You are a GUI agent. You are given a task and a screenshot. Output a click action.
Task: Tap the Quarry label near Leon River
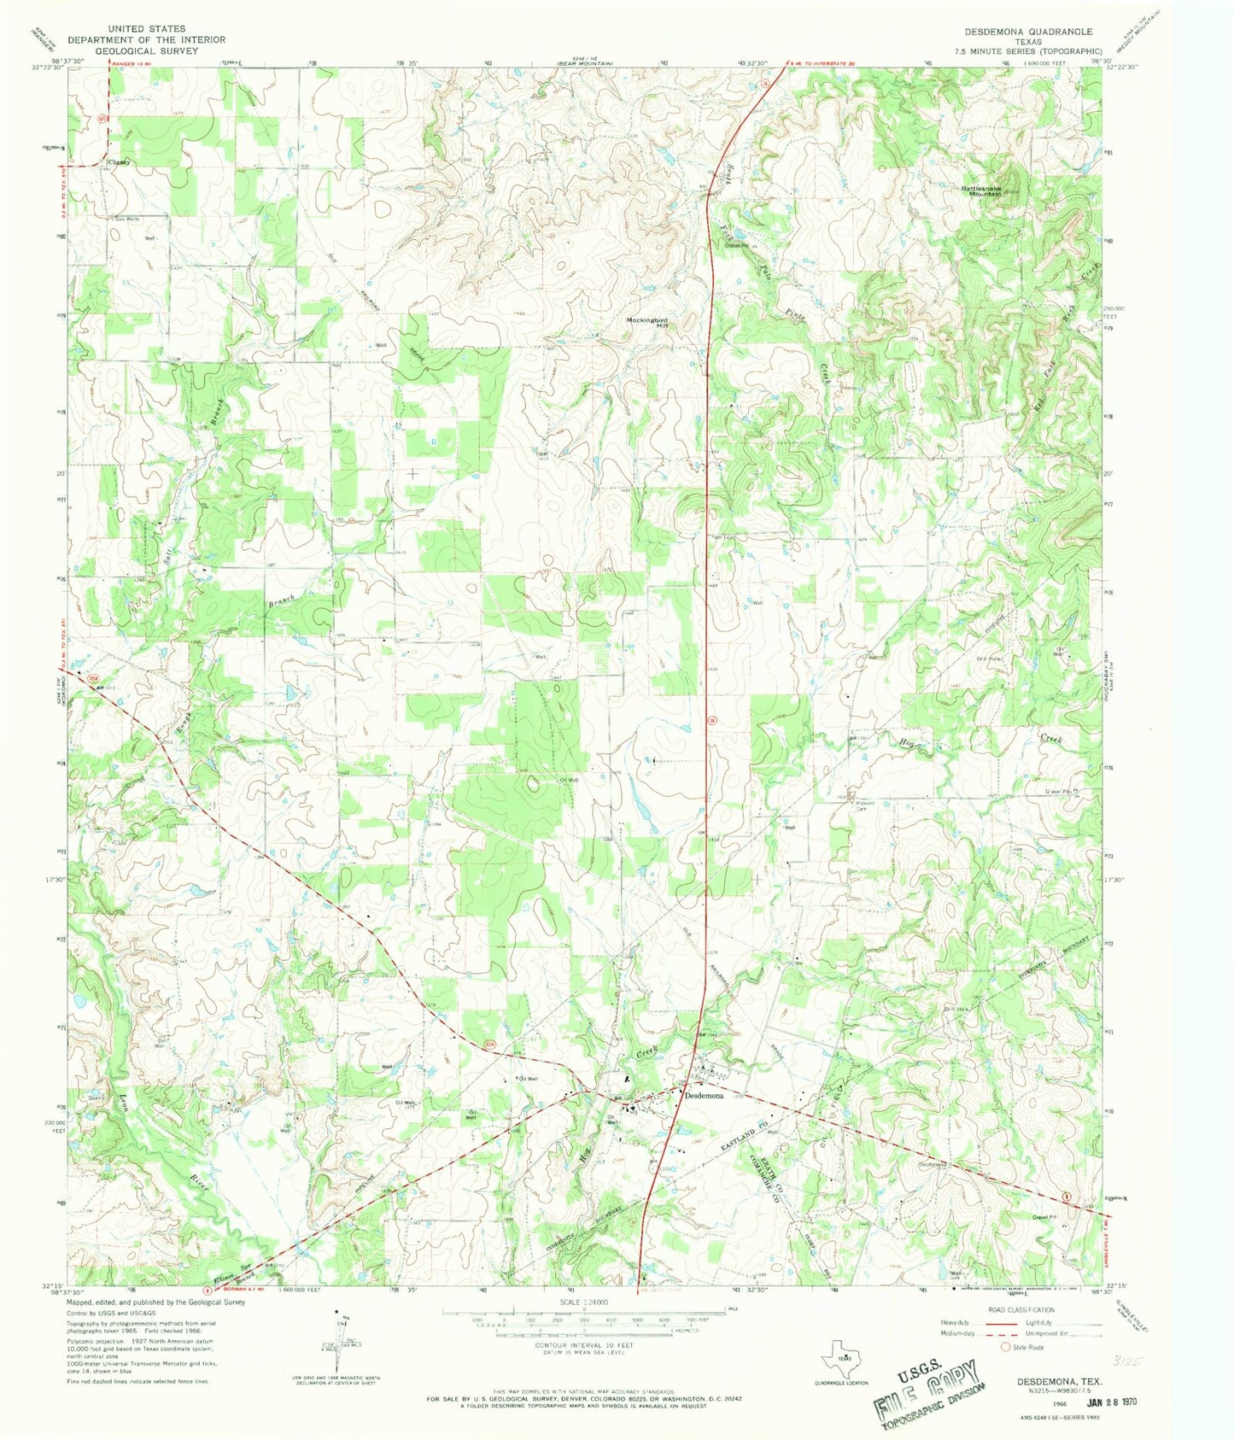94,1099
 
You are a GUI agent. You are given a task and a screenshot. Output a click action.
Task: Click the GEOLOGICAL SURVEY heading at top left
147,50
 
